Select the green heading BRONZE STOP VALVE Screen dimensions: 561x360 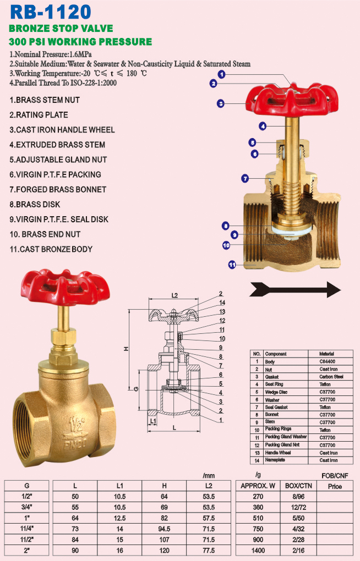coord(61,28)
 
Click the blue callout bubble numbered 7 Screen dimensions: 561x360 coord(246,178)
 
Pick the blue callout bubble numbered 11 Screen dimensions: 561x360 coord(232,265)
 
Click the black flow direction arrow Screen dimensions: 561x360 coord(295,289)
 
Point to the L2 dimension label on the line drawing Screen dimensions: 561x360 coord(174,295)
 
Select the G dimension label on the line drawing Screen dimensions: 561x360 coord(135,389)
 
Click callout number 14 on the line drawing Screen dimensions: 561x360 coord(222,302)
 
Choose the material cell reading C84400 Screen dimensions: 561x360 coord(327,362)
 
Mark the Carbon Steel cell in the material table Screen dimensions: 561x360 coord(331,377)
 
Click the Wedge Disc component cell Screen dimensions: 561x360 coord(277,392)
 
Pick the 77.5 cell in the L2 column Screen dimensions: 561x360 coord(208,550)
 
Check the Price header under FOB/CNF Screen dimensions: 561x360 coord(334,486)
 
